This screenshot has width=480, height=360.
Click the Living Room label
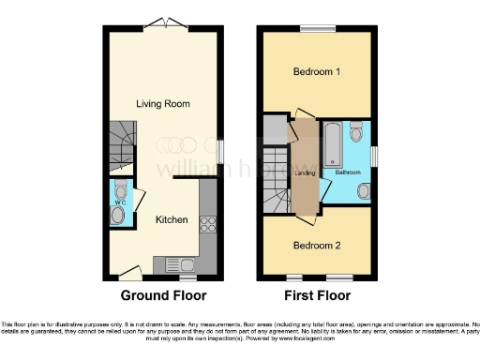click(x=158, y=103)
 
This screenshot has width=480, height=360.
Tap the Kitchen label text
click(x=172, y=219)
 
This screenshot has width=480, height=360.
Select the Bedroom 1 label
click(x=318, y=72)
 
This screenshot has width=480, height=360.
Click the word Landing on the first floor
click(x=305, y=172)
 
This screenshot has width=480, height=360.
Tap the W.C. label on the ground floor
click(x=118, y=200)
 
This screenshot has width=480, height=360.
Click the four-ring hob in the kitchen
click(x=208, y=224)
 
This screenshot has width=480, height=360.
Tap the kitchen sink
click(x=178, y=263)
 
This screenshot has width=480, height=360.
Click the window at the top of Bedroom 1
click(x=324, y=29)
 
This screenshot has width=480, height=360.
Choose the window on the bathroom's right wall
click(x=372, y=155)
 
